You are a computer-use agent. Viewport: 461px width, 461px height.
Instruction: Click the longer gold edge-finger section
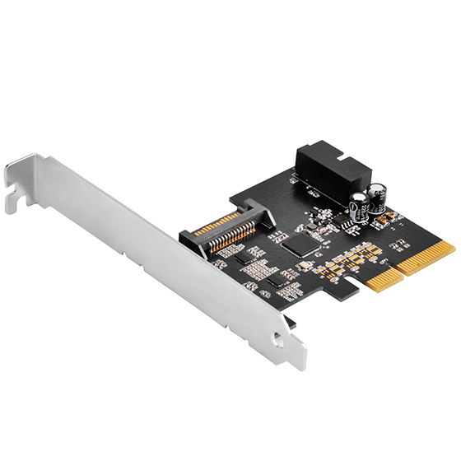[x=426, y=256]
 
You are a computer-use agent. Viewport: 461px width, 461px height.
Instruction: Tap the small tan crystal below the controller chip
[x=305, y=267]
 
